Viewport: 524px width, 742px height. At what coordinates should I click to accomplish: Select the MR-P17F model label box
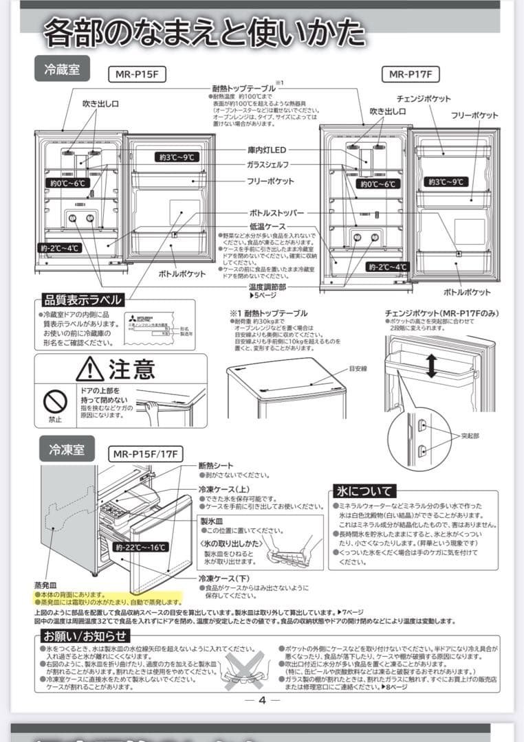(x=411, y=74)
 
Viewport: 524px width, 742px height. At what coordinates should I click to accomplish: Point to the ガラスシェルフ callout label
(x=268, y=165)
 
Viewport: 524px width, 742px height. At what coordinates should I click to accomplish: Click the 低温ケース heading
(x=267, y=226)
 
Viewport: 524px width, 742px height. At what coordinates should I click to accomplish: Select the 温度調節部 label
(x=268, y=286)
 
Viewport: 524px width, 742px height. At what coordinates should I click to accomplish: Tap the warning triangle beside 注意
(x=90, y=370)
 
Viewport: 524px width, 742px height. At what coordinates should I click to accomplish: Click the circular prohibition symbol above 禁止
(x=55, y=401)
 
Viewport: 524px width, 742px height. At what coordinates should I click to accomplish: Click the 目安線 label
(x=358, y=369)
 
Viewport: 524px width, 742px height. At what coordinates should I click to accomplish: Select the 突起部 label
(x=470, y=436)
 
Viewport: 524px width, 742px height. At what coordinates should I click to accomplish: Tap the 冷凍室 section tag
(x=67, y=450)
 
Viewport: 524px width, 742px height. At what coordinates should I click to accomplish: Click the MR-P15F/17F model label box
(x=146, y=454)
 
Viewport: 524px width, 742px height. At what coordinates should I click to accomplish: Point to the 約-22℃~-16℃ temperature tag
(x=141, y=548)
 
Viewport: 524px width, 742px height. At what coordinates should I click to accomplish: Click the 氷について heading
(x=364, y=491)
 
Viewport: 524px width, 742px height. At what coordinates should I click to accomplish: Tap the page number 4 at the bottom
(x=262, y=700)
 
